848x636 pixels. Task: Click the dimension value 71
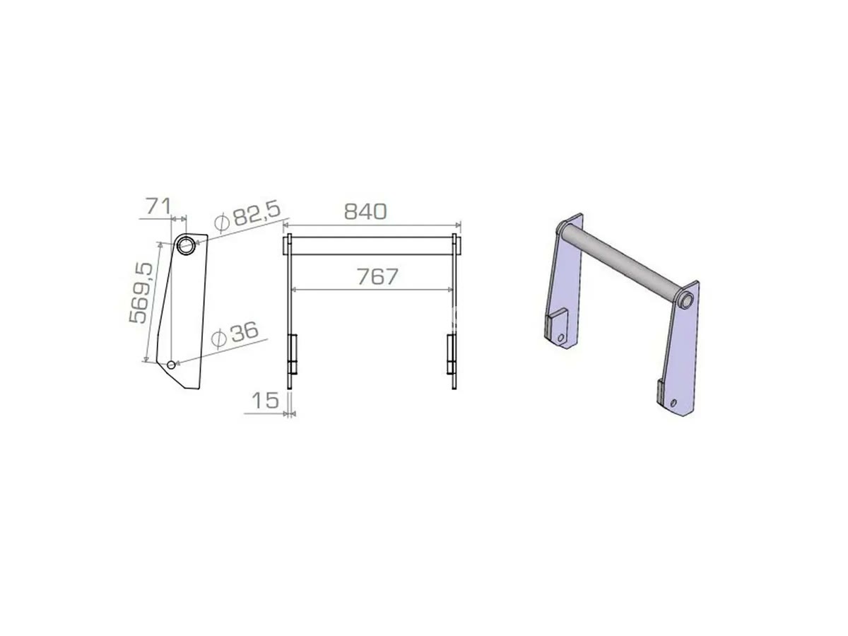158,206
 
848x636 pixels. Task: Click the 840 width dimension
365,211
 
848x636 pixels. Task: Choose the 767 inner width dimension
377,276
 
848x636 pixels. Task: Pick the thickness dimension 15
265,401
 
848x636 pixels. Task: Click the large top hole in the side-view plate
186,245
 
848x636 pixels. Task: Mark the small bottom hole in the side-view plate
172,364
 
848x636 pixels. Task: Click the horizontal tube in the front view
372,246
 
